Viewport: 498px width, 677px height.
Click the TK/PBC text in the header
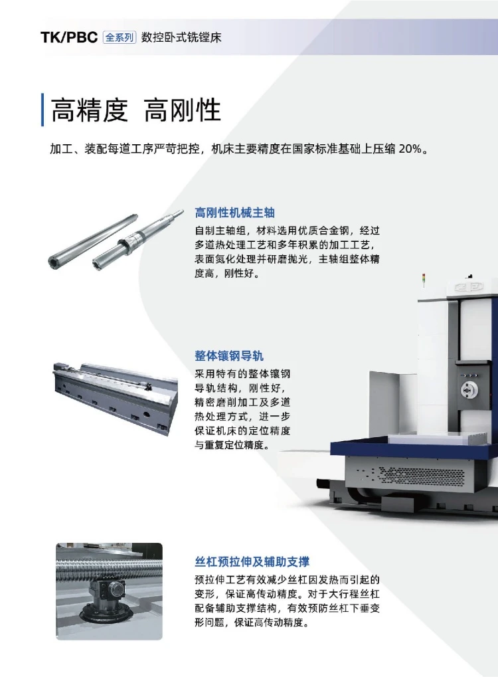(x=69, y=37)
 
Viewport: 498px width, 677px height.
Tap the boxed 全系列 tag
(x=120, y=37)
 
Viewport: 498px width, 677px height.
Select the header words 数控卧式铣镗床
(x=181, y=37)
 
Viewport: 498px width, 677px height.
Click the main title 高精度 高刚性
(x=136, y=110)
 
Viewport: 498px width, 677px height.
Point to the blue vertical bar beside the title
(x=42, y=110)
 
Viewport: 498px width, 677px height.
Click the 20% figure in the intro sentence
(x=410, y=149)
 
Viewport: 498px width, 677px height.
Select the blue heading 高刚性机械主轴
(x=235, y=213)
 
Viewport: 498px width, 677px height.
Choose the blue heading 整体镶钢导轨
(x=229, y=355)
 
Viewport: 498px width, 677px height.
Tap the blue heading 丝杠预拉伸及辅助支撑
(x=252, y=561)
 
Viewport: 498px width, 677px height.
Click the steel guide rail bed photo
(x=116, y=398)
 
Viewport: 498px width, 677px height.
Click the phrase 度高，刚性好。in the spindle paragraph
(x=227, y=273)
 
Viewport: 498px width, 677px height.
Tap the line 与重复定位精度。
(x=232, y=444)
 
